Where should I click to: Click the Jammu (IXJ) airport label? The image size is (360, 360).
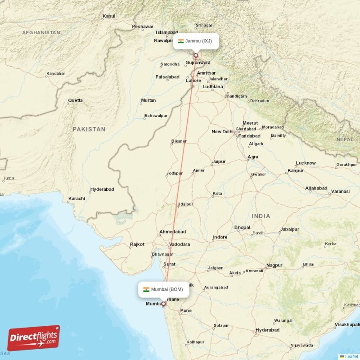pos(196,41)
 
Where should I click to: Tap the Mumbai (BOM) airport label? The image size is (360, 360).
pos(163,289)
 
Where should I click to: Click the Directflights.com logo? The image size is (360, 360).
pos(34,338)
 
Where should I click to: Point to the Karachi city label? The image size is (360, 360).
pos(76,198)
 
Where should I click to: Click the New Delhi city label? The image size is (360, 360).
pos(223,132)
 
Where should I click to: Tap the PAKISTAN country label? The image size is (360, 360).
pos(89,129)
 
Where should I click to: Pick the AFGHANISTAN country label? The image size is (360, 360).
pos(41,33)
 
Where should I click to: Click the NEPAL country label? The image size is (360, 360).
pos(345,139)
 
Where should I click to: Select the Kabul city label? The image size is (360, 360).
pos(109,16)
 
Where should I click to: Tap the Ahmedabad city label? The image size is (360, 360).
pos(172,232)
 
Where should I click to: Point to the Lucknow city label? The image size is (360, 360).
pos(306,163)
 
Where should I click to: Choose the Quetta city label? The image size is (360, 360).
pos(75,100)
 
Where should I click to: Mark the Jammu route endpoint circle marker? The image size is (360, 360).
pos(195,56)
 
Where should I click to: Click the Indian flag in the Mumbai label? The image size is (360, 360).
pos(146,289)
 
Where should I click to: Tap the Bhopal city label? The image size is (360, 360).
pos(242,228)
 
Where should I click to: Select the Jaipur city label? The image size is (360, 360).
pos(219,161)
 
